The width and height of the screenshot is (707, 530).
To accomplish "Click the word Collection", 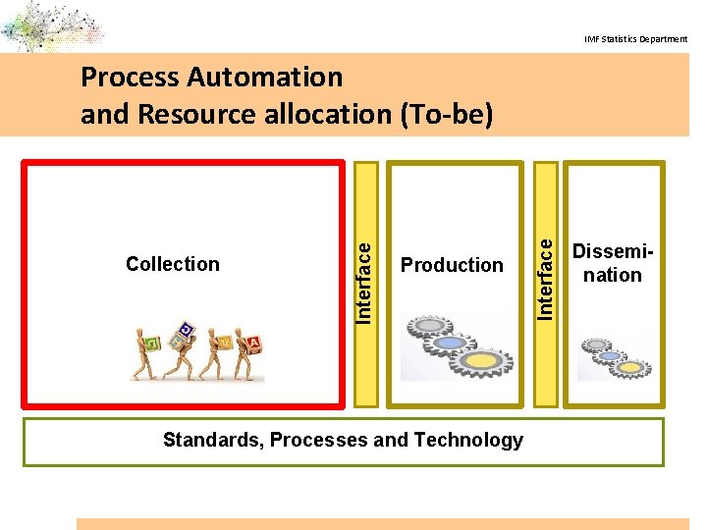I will point(173,264).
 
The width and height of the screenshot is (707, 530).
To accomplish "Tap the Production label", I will point(452,265).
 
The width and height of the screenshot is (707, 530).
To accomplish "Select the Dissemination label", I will point(612,264).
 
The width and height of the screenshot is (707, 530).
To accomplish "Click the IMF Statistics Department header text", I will point(635,39).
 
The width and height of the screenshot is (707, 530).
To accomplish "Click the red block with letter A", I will point(254,342).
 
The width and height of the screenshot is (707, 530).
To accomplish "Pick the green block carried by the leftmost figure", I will point(153,344).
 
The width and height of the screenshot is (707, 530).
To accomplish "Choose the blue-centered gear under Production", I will point(452,344).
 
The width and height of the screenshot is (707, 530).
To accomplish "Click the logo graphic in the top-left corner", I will point(49,26).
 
